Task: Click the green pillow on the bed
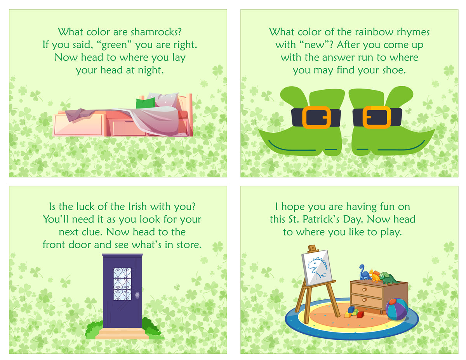(145, 103)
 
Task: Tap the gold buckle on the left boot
(316, 117)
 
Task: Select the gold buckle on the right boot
(377, 117)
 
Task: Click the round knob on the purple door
(137, 295)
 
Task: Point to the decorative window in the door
(122, 283)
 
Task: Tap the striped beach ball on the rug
(396, 309)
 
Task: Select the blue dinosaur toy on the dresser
(364, 272)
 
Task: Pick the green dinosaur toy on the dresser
(388, 278)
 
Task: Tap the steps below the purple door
(122, 334)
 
